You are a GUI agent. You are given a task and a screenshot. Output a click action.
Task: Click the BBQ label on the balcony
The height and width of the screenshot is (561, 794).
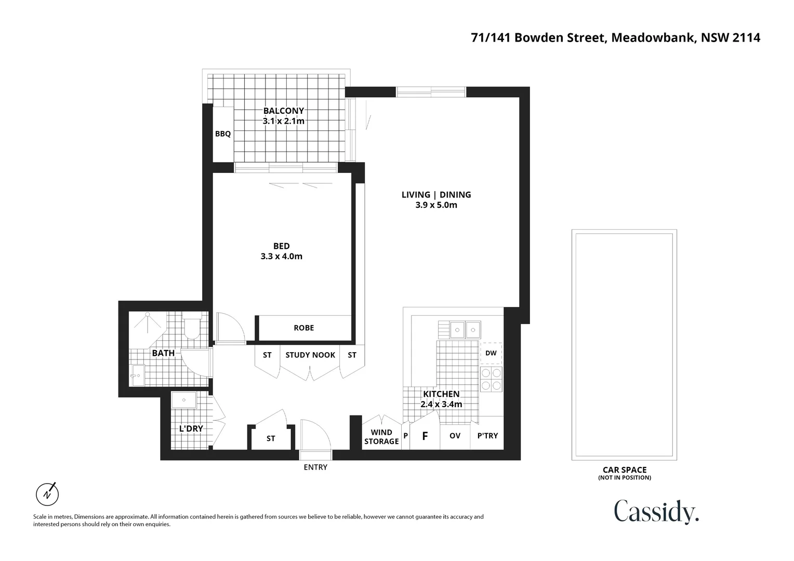223,134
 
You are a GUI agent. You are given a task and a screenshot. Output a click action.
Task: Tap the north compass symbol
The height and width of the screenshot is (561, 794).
47,493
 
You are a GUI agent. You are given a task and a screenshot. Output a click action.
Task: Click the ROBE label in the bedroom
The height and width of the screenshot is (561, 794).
304,328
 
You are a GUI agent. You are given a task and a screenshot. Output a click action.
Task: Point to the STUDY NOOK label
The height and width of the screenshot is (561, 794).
310,355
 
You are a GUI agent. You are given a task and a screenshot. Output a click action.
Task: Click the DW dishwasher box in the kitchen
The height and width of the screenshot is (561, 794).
491,353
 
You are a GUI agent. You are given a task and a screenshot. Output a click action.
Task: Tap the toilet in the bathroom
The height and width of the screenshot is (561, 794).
192,326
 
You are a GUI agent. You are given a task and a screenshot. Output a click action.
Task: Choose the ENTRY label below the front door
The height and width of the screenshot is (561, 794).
315,468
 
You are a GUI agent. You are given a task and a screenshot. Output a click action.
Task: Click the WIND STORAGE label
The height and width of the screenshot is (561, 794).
381,437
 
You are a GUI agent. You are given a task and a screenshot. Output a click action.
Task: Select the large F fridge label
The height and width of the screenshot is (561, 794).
425,436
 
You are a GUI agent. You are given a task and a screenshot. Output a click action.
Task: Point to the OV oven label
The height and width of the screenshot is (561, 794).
455,436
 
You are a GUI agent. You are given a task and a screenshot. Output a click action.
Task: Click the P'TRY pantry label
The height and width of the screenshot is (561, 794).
487,436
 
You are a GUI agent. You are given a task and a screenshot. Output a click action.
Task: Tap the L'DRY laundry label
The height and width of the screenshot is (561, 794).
191,429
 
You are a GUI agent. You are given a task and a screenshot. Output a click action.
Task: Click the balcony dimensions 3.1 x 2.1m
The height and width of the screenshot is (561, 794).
283,122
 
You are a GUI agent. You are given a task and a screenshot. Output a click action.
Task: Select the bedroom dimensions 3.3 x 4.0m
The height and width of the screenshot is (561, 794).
282,257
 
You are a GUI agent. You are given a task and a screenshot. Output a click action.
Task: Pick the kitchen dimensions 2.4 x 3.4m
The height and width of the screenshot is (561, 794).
441,405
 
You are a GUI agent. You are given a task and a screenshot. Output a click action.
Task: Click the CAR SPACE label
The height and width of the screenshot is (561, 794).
625,470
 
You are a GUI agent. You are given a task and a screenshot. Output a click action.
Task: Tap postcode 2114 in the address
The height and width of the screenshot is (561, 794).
746,38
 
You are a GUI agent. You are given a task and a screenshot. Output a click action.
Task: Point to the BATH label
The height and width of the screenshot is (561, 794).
163,353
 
